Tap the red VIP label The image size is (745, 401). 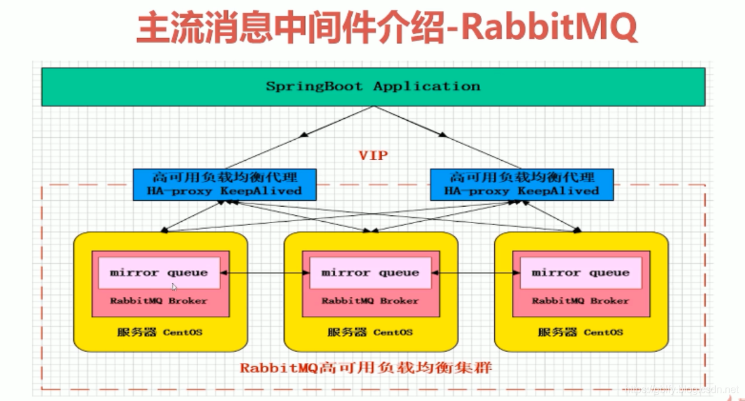pyautogui.click(x=373, y=156)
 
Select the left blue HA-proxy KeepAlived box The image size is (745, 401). pyautogui.click(x=225, y=184)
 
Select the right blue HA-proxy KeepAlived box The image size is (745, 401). pyautogui.click(x=521, y=184)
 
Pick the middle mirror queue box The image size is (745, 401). pyautogui.click(x=370, y=273)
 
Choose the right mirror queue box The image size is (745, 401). pyautogui.click(x=581, y=273)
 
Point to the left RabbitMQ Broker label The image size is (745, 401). pyautogui.click(x=158, y=301)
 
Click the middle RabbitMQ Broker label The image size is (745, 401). pyautogui.click(x=370, y=301)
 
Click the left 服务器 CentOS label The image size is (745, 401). pyautogui.click(x=159, y=332)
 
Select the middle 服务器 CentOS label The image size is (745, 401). pyautogui.click(x=370, y=332)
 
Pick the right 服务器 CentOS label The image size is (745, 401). pyautogui.click(x=581, y=332)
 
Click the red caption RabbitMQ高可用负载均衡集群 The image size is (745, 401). pyautogui.click(x=366, y=368)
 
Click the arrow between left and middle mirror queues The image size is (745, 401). pyautogui.click(x=265, y=273)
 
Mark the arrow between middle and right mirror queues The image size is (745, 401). pyautogui.click(x=476, y=273)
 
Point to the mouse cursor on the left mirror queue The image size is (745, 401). pyautogui.click(x=175, y=287)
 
